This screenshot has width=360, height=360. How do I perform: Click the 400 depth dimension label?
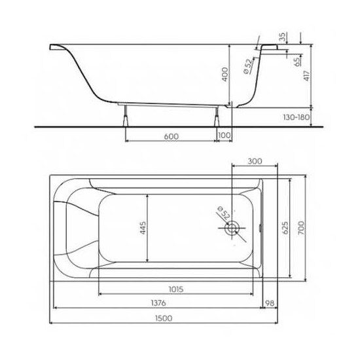coord(225,74)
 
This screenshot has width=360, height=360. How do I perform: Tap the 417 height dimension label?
coord(307,76)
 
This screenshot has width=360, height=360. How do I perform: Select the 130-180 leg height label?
coord(296,117)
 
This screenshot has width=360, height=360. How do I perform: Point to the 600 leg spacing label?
coord(171,136)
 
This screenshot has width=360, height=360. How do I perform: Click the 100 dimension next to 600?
coord(224,135)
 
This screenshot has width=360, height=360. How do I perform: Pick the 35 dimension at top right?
coord(283,37)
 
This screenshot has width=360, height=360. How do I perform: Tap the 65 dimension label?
coord(297,62)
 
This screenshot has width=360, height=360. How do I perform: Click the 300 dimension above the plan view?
coord(255,161)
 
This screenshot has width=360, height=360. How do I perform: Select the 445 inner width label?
coord(143,228)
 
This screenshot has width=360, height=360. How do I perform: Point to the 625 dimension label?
coord(285,228)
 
